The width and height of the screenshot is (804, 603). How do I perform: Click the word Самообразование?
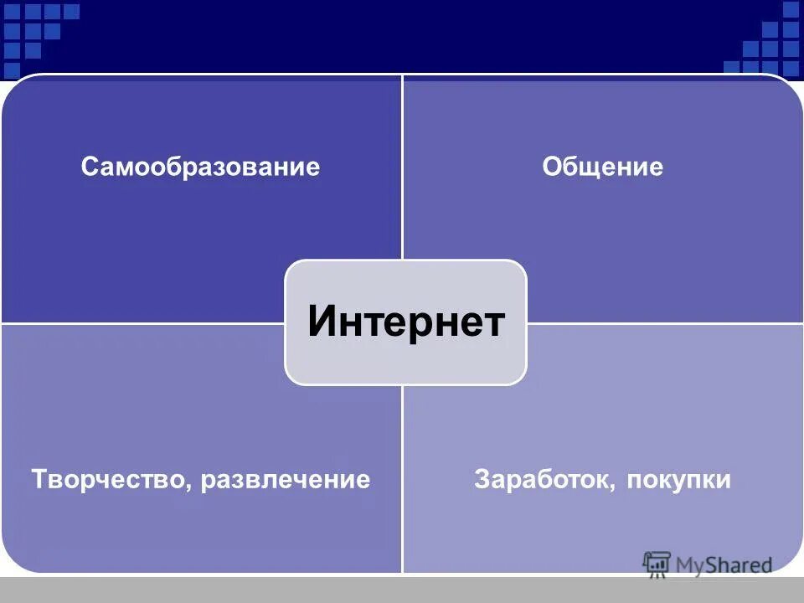pos(200,167)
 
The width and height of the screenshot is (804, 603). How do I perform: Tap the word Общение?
pos(602,167)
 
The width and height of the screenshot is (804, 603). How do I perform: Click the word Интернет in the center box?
pos(406,322)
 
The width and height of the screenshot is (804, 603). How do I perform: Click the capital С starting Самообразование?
pos(89,167)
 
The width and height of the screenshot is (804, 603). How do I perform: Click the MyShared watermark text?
pos(724,565)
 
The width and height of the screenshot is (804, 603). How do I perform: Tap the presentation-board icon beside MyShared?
pos(657,564)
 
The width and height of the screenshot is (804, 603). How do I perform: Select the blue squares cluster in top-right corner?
pos(766,42)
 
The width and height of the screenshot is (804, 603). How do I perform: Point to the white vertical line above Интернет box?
pos(403,167)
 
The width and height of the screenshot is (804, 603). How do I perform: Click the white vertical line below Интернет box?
pos(403,477)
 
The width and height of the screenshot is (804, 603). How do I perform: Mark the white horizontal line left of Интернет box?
pos(142,323)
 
